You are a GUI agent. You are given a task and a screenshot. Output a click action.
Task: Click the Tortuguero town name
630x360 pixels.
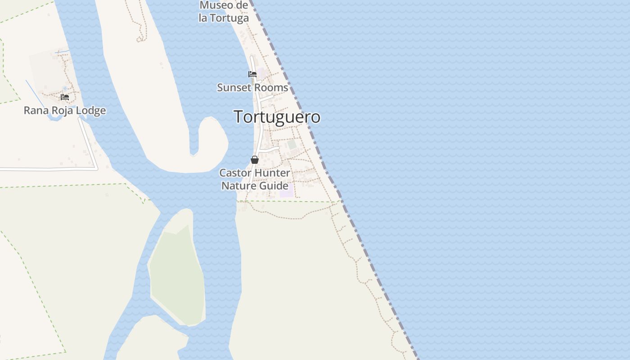tap(277, 117)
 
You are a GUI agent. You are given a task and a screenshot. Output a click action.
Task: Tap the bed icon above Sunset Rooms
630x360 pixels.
tap(252, 74)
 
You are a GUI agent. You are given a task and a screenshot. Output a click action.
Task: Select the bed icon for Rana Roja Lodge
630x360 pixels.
tap(65, 97)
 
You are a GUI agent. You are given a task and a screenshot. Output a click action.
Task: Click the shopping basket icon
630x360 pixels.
tap(255, 160)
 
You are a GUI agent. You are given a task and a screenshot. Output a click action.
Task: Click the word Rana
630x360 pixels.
tap(35, 111)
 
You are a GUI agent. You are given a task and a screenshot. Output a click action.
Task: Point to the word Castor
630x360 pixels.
tap(235, 173)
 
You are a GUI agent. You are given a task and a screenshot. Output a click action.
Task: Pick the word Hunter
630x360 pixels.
tap(272, 173)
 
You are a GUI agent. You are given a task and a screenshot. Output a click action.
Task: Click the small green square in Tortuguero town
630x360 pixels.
tap(292, 144)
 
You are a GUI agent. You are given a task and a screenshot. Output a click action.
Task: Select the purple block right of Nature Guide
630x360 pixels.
tap(286, 190)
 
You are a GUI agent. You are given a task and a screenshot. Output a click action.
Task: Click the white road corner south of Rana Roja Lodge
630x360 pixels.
tap(96, 168)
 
